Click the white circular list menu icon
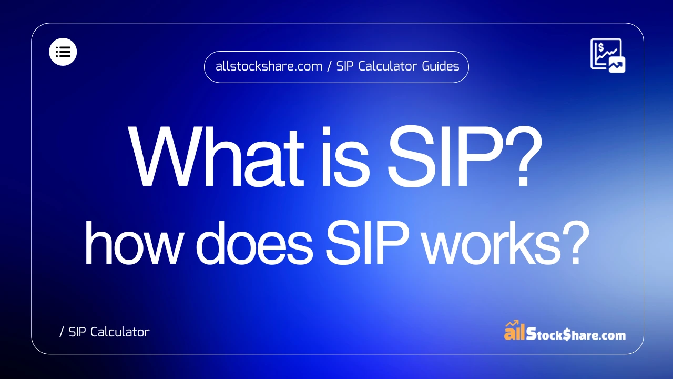point(63,52)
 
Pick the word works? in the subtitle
point(491,244)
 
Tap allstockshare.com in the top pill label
point(269,67)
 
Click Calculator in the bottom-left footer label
point(119,332)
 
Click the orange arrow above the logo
point(512,323)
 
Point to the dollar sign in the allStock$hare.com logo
point(566,334)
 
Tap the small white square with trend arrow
point(617,64)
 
